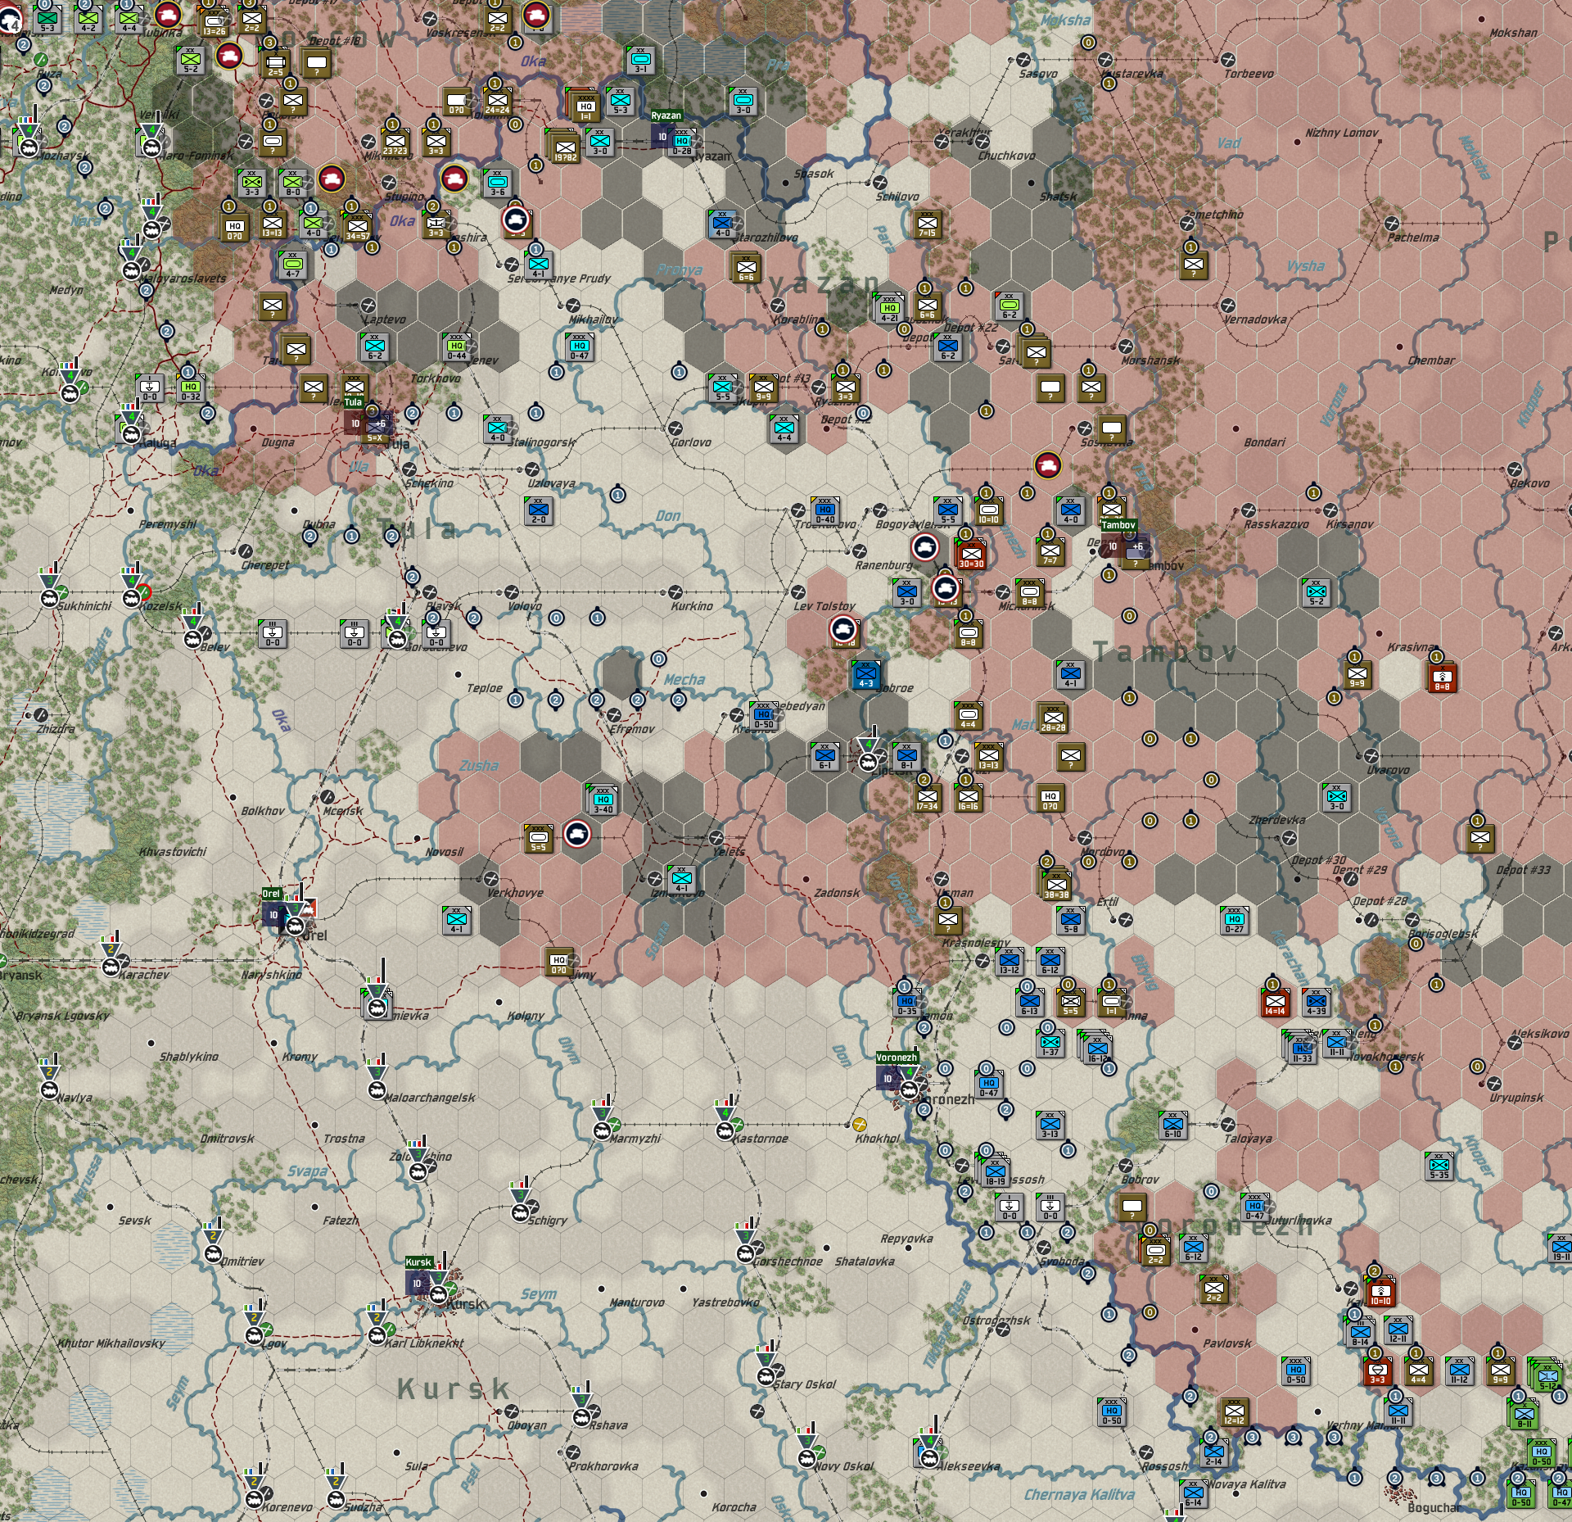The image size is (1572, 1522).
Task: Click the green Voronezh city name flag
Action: tap(897, 1058)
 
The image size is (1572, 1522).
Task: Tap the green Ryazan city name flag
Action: tap(666, 116)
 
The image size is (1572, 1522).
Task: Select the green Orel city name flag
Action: tap(271, 894)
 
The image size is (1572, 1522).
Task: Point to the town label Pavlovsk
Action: tap(1226, 1343)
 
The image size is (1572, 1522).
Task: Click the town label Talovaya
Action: tap(1248, 1139)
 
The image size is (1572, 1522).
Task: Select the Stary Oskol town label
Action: tap(805, 1384)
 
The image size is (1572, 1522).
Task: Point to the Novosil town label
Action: tap(444, 852)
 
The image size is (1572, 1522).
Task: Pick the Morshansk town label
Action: tap(1150, 360)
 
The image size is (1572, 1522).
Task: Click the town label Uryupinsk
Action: tap(1516, 1098)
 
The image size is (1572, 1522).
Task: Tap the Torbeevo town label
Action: tap(1249, 74)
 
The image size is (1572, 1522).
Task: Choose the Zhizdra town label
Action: tap(56, 729)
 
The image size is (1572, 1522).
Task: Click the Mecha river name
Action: tap(684, 679)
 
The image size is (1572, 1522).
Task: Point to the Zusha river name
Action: tap(479, 765)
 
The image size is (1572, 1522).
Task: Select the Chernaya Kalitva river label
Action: tap(1078, 1495)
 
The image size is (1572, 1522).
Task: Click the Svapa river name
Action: tap(308, 1171)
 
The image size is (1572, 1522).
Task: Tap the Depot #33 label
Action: tap(1523, 870)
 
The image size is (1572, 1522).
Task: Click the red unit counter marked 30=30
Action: tap(971, 555)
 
